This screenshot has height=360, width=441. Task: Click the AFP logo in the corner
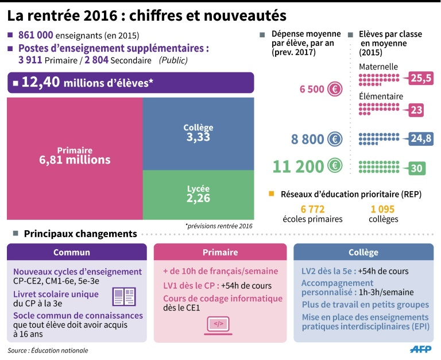coord(422,349)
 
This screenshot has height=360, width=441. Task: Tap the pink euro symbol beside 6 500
coord(335,89)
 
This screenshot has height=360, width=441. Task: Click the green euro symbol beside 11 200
coord(335,167)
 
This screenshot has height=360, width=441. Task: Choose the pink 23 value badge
coord(417,110)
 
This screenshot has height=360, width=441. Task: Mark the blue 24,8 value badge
coord(421,138)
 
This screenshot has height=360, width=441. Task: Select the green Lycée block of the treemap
coord(198,195)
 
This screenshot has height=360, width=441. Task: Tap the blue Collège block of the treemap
coord(198,133)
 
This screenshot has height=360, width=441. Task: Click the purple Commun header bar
coord(76,253)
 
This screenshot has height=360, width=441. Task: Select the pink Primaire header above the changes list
coord(220,253)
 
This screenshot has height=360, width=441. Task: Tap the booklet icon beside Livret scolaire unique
coord(124,296)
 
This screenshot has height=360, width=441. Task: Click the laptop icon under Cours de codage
coord(219,325)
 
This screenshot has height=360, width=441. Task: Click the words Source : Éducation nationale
coord(48,350)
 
